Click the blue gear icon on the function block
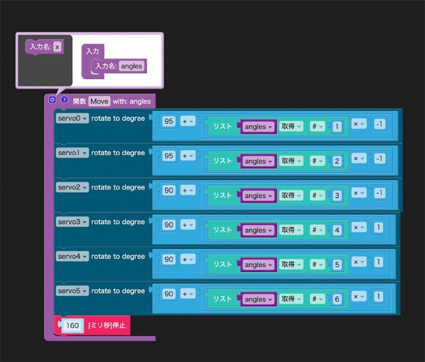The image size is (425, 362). (x=52, y=100)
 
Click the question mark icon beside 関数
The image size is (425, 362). (x=64, y=100)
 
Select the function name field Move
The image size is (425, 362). (x=99, y=101)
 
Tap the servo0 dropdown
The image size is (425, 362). (x=72, y=118)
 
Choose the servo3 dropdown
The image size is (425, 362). (x=72, y=222)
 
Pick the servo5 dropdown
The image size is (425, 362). (x=72, y=291)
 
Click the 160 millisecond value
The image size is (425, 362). (x=72, y=325)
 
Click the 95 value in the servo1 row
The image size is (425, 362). (x=169, y=156)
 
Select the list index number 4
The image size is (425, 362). (x=337, y=230)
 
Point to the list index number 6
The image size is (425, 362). (x=337, y=299)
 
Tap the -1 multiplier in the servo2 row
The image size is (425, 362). (x=379, y=193)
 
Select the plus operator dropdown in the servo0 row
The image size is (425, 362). (x=188, y=122)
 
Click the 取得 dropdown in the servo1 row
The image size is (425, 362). (x=291, y=161)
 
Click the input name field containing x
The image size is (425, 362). (x=57, y=47)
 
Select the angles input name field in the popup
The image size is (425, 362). (x=132, y=66)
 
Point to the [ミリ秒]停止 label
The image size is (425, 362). (x=107, y=325)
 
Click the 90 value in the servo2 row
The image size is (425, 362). (x=169, y=191)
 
